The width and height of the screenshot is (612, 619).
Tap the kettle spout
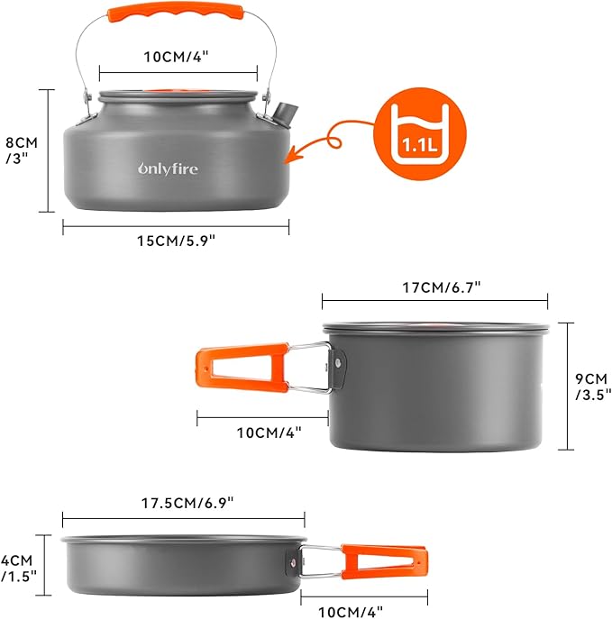283,114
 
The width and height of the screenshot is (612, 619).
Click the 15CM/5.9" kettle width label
176,241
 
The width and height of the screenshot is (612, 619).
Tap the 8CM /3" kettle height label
19,150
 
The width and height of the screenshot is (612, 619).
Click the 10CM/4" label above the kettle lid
178,56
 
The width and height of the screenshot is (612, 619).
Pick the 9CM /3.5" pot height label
592,386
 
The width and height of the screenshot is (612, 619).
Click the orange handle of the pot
240,369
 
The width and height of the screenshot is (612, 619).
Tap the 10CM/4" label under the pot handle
269,432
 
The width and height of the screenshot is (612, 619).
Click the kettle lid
178,94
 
